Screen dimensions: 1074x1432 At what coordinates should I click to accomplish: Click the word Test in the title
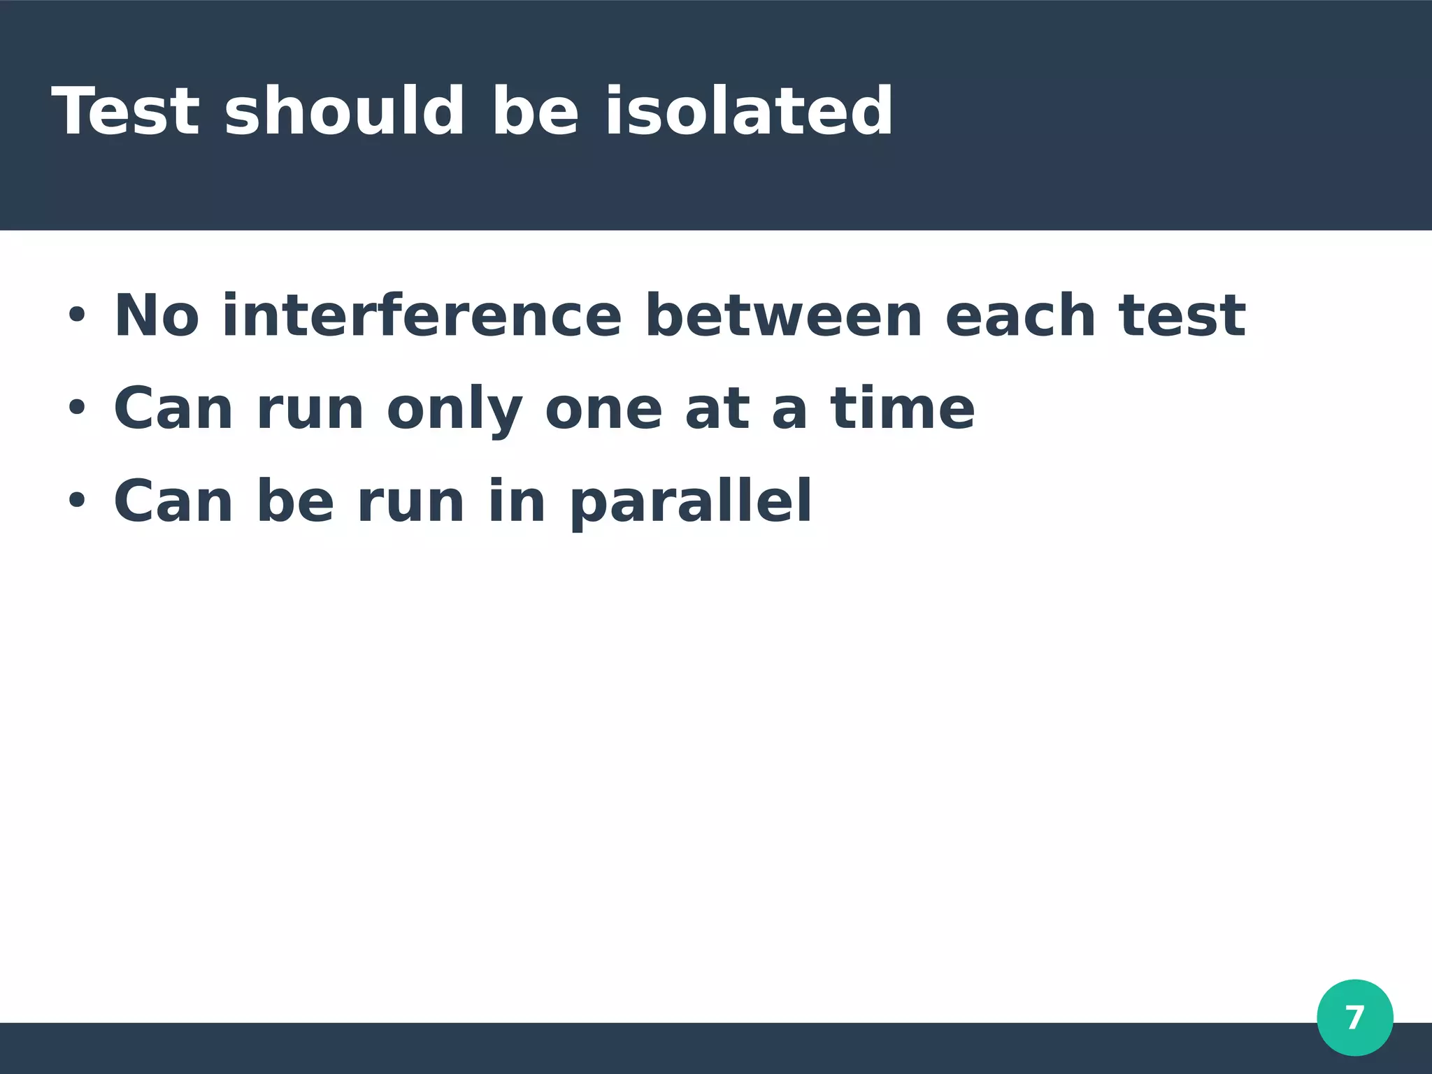click(126, 110)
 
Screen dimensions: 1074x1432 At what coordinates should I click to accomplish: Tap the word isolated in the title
click(748, 110)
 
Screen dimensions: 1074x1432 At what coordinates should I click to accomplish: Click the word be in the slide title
click(535, 110)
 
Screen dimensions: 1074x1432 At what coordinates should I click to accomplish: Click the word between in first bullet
click(783, 316)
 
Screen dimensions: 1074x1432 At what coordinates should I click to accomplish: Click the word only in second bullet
click(454, 410)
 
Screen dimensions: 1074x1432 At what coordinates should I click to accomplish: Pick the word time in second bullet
click(902, 408)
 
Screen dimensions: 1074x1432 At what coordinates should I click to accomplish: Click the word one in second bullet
click(603, 410)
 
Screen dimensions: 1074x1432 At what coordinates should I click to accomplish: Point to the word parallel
click(691, 502)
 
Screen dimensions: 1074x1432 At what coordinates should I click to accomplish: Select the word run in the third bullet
click(410, 502)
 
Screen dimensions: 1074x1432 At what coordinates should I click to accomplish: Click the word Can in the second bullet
click(173, 408)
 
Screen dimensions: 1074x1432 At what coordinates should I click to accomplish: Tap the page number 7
click(1354, 1017)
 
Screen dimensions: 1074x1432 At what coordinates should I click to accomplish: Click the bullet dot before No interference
click(76, 316)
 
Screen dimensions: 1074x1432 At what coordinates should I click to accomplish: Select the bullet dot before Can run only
click(76, 408)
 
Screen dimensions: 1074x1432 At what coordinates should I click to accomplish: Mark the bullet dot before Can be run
click(76, 501)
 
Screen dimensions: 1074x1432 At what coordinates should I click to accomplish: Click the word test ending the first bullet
click(1182, 316)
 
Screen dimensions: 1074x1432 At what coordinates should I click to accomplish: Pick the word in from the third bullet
click(516, 501)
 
